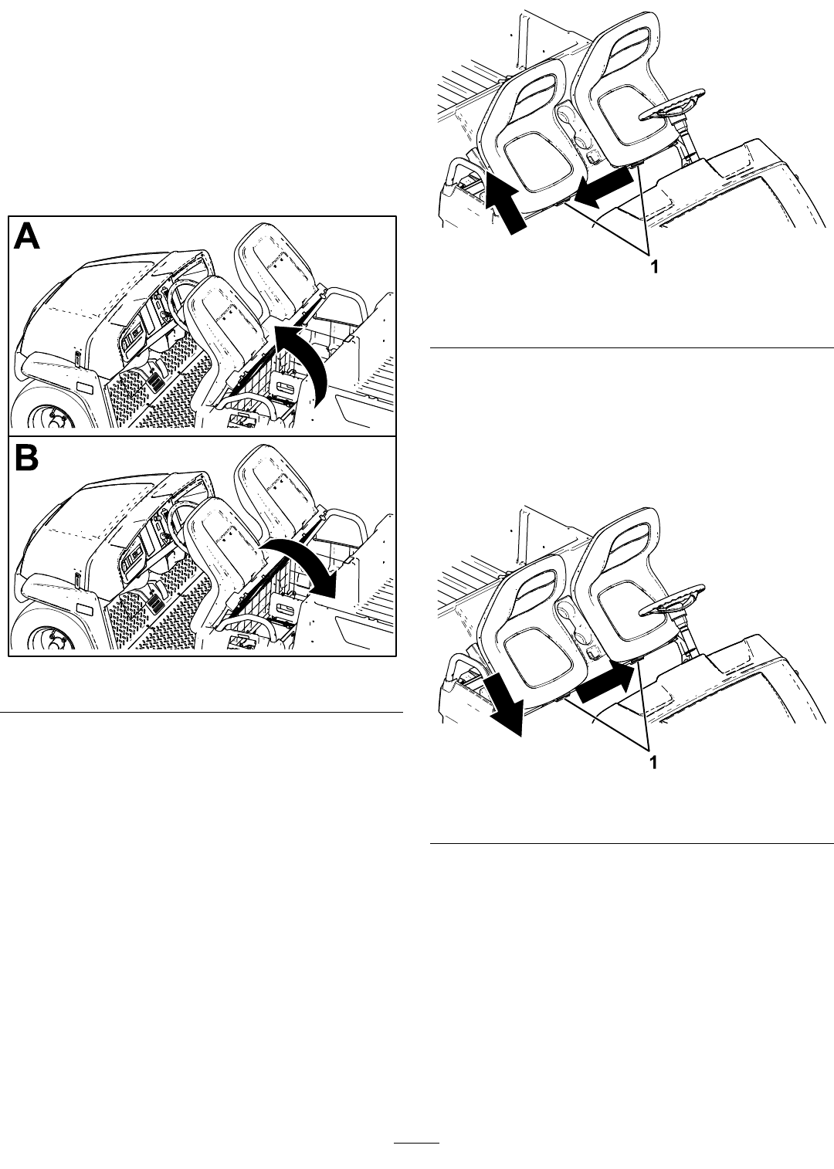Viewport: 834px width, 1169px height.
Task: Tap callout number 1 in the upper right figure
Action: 653,266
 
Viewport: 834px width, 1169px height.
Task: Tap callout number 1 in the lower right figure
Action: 653,763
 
